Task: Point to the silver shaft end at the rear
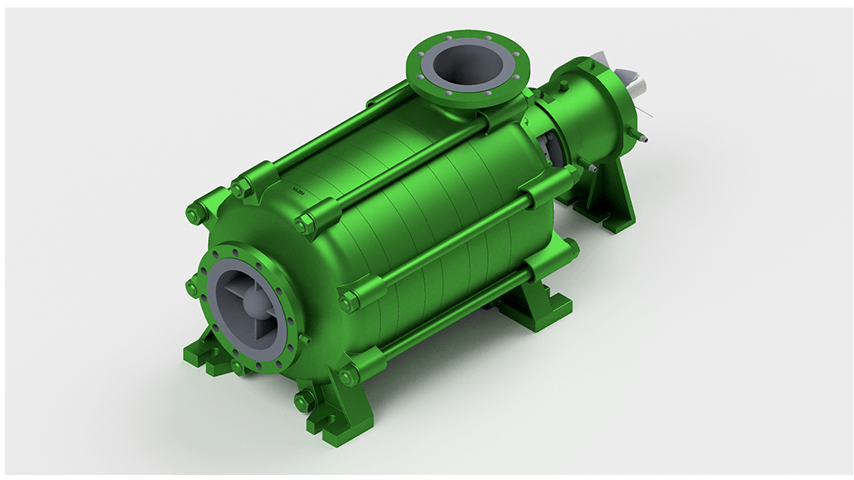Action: (639, 84)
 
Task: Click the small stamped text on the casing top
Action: (299, 192)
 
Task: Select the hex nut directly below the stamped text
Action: (306, 223)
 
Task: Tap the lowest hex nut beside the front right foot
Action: (303, 402)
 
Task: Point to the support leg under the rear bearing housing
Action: (609, 203)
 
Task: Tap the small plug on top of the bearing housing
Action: (564, 84)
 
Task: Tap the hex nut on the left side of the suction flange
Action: (193, 289)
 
